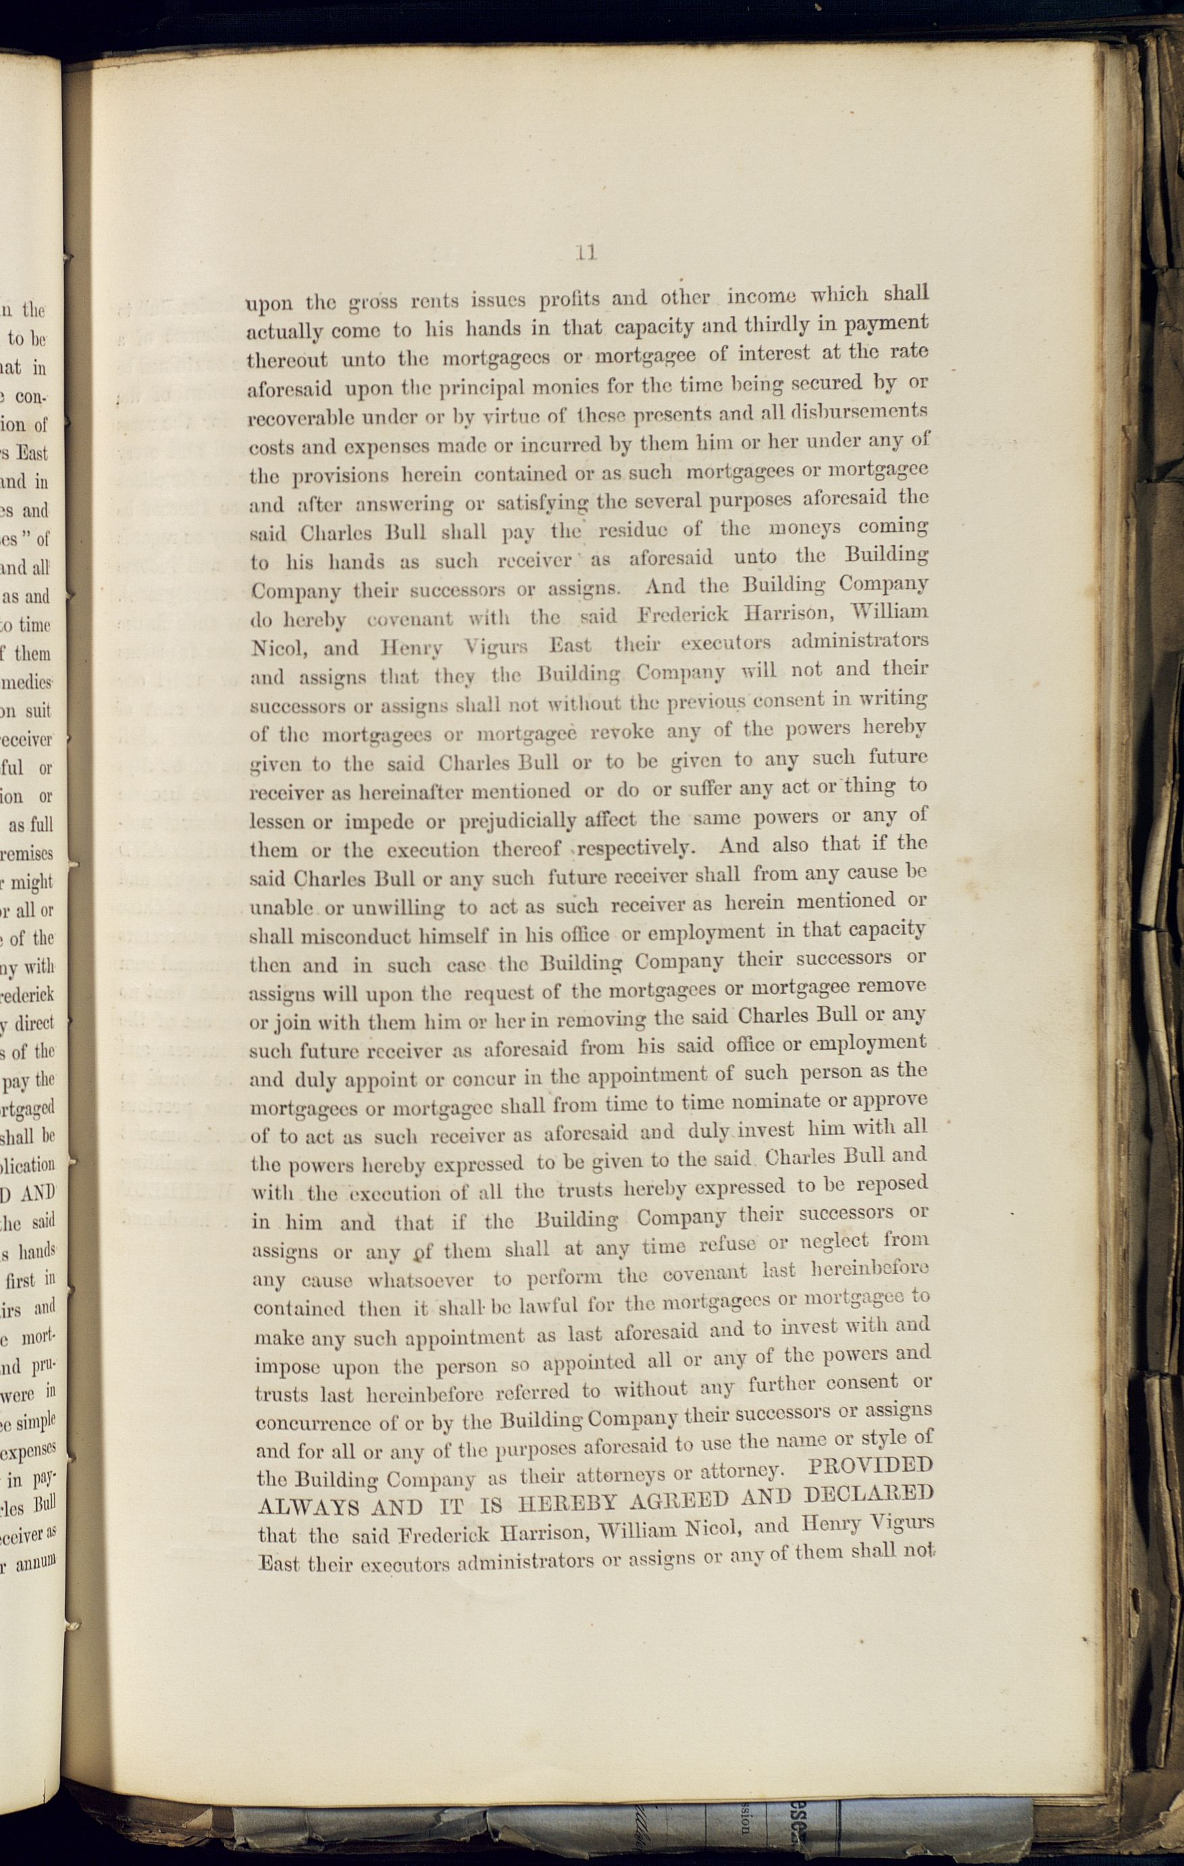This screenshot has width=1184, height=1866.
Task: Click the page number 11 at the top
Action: pos(586,252)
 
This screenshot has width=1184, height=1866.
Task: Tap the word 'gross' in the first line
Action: pos(372,302)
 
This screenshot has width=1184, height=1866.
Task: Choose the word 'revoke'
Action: pos(622,732)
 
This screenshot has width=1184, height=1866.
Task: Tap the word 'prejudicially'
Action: pos(518,821)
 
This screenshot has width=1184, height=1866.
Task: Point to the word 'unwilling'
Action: pos(398,907)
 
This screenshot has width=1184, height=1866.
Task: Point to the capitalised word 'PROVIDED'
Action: pos(868,1466)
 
